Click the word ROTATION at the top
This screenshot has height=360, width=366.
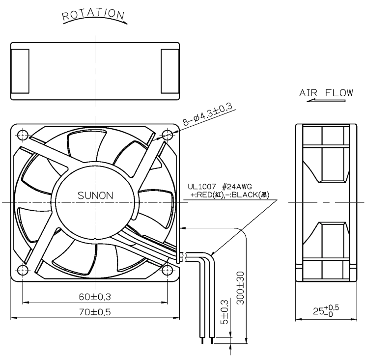point(93,14)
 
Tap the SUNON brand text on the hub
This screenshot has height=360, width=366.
point(95,195)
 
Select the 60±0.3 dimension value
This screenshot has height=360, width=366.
point(95,297)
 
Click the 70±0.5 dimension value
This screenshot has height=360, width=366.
point(95,312)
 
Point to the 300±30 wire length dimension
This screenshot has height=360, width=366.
point(240,288)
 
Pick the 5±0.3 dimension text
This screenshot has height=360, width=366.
point(224,312)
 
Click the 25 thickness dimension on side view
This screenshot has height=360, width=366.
point(326,310)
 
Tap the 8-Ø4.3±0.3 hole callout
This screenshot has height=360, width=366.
point(207,114)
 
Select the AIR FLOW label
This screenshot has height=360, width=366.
point(326,93)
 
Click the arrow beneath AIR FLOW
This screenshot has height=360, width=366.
point(326,101)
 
